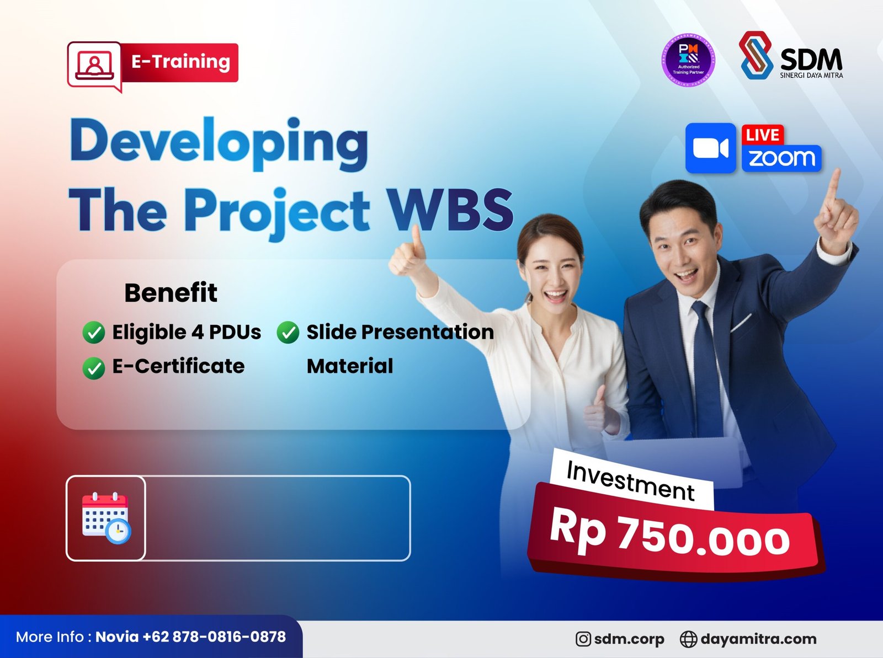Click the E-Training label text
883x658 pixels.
(180, 62)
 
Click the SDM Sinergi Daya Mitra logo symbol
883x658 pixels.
(756, 55)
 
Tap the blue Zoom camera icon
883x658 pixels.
(710, 148)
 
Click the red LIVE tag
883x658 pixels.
(762, 135)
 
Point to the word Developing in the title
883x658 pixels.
(219, 142)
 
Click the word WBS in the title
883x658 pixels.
(450, 210)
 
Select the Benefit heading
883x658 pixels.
(171, 293)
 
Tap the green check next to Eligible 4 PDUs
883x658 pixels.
(94, 333)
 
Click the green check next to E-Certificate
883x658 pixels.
(94, 368)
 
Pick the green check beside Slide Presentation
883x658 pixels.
(288, 333)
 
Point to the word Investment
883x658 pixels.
(630, 480)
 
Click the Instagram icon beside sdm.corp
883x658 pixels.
(583, 639)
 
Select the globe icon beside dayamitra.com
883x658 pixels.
(688, 639)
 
